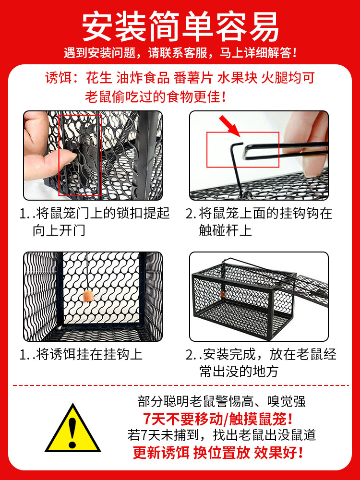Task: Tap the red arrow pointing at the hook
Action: point(229,126)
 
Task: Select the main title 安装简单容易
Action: point(180,26)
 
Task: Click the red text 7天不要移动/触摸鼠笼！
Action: point(218,419)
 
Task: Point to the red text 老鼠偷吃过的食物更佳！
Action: point(156,97)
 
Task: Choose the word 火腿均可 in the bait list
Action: point(288,78)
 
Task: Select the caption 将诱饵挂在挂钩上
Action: point(89,355)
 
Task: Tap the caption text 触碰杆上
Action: point(225,230)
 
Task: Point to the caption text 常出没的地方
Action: point(239,372)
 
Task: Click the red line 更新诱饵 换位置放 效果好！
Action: point(218,452)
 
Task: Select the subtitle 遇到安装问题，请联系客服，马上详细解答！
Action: point(180,53)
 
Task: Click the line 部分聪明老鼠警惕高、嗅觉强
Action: point(222,401)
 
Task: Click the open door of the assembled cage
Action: point(311,289)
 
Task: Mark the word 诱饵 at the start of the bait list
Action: point(58,78)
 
